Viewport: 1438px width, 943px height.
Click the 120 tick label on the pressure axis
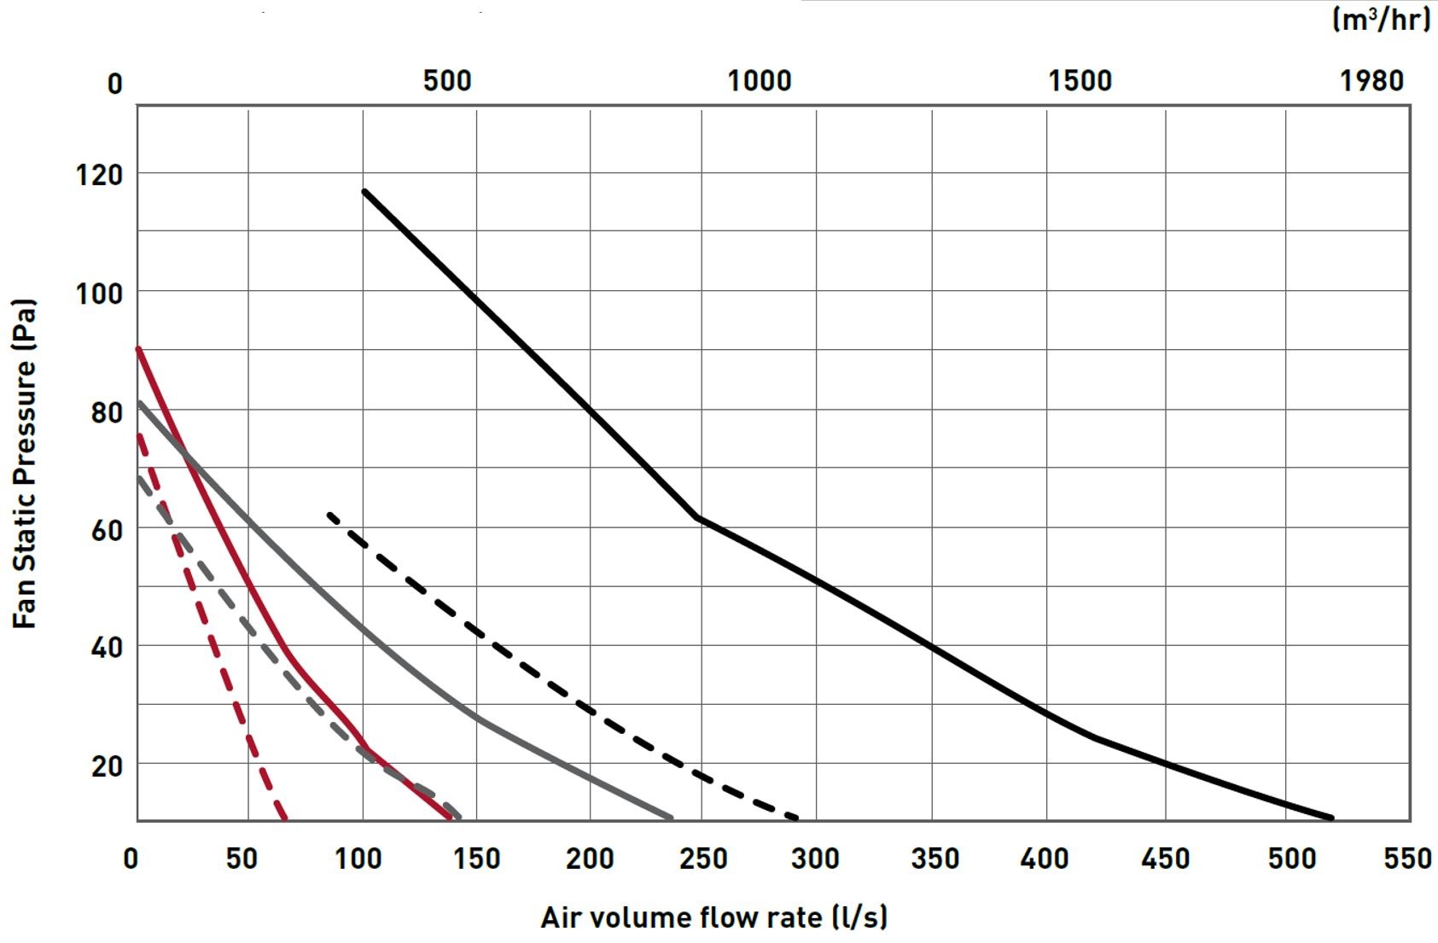click(x=99, y=175)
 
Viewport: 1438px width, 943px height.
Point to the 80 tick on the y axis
click(x=106, y=412)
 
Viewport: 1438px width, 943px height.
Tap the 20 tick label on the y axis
click(x=106, y=766)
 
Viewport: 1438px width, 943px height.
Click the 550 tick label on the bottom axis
click(x=1406, y=859)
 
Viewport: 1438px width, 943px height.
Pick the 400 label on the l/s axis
click(x=1045, y=859)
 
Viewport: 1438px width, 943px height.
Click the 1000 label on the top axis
click(x=759, y=81)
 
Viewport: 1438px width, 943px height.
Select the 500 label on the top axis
click(x=447, y=81)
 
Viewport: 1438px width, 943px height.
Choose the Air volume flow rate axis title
click(x=714, y=917)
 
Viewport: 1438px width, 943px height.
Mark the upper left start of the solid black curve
click(x=364, y=191)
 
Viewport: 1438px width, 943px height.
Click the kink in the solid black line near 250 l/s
click(x=698, y=517)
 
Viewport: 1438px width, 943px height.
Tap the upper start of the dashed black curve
click(x=329, y=514)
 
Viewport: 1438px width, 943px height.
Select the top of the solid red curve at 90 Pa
click(x=138, y=348)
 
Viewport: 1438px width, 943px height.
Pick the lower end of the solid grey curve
click(x=671, y=818)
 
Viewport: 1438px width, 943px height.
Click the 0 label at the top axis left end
click(x=115, y=84)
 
